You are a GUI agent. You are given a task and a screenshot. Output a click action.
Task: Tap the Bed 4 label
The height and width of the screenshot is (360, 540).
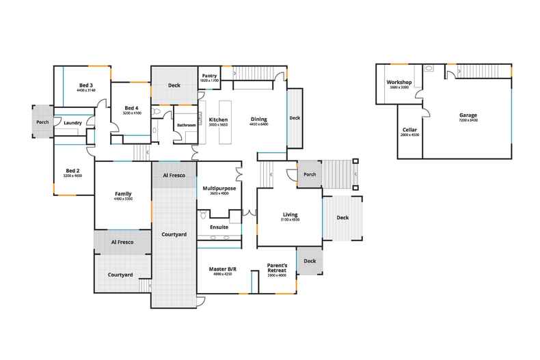pyautogui.click(x=132, y=108)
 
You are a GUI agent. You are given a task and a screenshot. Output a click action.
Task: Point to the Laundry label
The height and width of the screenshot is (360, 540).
pyautogui.click(x=72, y=123)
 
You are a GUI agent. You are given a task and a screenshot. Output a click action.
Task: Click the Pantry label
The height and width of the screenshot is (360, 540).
pyautogui.click(x=209, y=76)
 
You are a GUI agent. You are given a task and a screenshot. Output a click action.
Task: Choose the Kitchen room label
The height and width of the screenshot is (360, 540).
pyautogui.click(x=218, y=120)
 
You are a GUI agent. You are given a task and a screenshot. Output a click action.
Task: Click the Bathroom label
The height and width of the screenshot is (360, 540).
pyautogui.click(x=187, y=125)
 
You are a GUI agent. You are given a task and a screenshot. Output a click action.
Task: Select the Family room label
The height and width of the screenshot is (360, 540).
pyautogui.click(x=123, y=193)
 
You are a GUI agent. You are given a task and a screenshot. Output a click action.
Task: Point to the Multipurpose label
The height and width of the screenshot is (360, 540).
pyautogui.click(x=219, y=188)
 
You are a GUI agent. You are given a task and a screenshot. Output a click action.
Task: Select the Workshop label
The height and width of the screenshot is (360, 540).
pyautogui.click(x=399, y=83)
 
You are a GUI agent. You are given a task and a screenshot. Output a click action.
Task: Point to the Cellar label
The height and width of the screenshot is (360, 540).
pyautogui.click(x=409, y=129)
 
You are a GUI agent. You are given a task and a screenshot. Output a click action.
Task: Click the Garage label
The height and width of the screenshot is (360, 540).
pyautogui.click(x=468, y=115)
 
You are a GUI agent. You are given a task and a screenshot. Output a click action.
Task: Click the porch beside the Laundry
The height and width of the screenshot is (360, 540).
pyautogui.click(x=42, y=122)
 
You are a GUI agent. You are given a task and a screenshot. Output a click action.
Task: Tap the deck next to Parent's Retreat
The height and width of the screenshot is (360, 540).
pyautogui.click(x=310, y=261)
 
